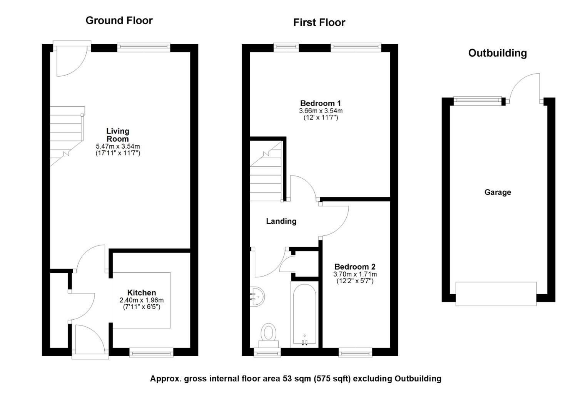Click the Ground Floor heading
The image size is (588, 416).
119,20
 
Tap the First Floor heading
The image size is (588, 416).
319,23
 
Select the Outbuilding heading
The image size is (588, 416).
498,53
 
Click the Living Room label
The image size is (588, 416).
118,135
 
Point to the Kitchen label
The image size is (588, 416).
142,292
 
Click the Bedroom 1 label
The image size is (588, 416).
321,103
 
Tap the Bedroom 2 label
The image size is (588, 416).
355,267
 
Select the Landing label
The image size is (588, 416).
281,221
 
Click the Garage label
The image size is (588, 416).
498,192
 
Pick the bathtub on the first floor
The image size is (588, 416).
304,314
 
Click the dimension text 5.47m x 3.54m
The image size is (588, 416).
118,146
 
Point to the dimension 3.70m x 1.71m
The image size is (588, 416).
355,274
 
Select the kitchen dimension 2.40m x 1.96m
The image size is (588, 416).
142,300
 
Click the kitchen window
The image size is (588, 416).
151,352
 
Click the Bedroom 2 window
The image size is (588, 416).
355,352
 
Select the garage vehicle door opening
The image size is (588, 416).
496,294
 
